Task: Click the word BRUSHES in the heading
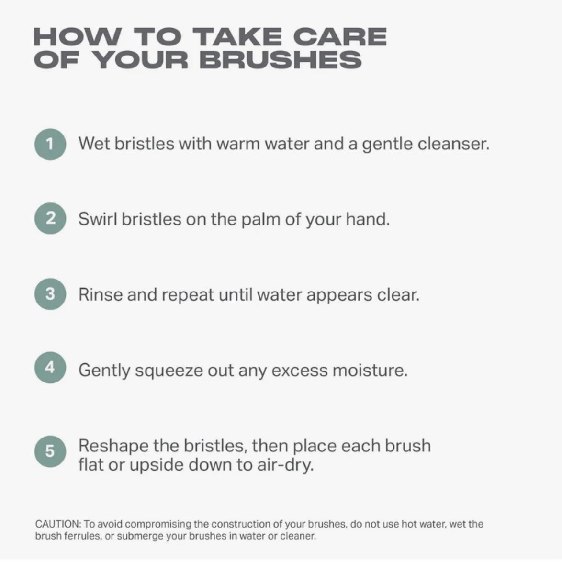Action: click(281, 59)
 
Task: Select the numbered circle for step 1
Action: click(50, 144)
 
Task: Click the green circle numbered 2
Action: click(50, 219)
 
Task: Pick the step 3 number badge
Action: click(50, 294)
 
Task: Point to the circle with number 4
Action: click(50, 367)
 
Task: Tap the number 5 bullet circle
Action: click(50, 451)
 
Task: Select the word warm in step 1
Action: click(237, 144)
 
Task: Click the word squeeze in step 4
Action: click(169, 371)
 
